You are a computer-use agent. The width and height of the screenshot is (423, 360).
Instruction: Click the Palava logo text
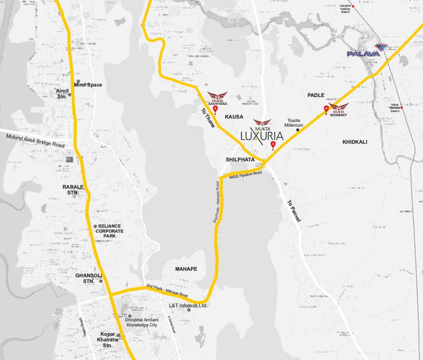tap(363, 54)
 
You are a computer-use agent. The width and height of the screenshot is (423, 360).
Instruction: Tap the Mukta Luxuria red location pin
tap(273, 145)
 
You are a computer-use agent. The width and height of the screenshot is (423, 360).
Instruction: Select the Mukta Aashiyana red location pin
tap(215, 110)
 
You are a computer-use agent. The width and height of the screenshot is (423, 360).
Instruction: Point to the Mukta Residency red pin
tap(327, 110)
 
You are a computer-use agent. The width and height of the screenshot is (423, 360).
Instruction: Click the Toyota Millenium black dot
tap(297, 130)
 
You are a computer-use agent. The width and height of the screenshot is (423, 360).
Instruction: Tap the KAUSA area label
tap(234, 116)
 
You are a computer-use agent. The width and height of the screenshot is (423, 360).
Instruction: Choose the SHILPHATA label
tap(240, 160)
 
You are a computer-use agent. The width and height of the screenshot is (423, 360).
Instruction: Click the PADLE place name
tap(316, 95)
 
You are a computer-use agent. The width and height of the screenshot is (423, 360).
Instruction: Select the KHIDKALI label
tap(355, 142)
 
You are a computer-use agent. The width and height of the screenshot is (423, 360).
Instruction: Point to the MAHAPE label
tap(186, 269)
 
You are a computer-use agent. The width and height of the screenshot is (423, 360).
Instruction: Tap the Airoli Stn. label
tap(62, 93)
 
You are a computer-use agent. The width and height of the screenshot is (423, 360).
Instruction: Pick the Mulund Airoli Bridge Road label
tap(35, 141)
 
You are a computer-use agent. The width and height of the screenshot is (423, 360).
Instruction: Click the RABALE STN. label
tap(72, 189)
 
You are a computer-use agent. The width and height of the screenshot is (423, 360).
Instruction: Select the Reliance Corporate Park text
tap(110, 231)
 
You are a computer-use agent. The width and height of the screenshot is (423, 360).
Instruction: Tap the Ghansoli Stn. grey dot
tap(100, 281)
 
